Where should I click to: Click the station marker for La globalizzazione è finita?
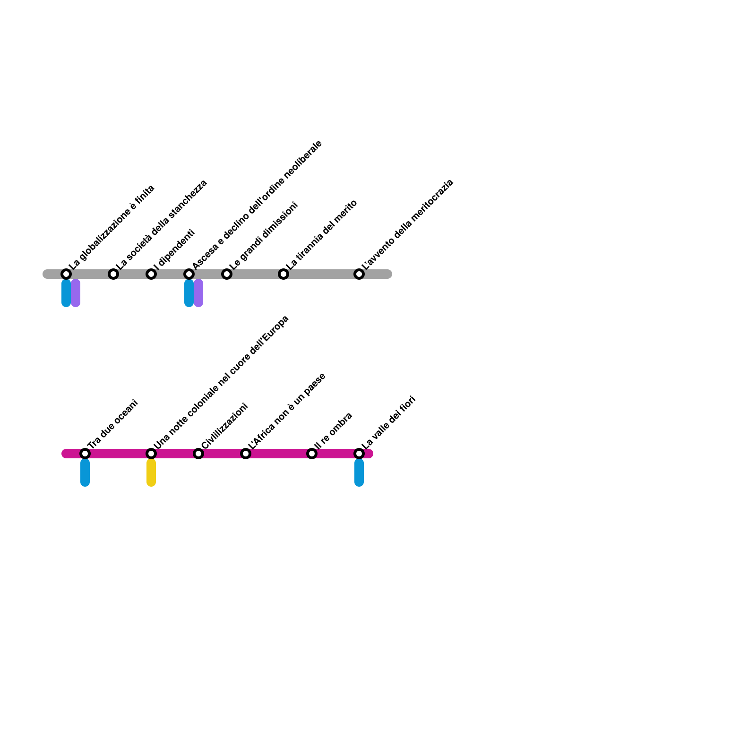click(66, 274)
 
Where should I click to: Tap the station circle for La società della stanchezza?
click(113, 274)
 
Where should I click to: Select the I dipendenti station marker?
click(151, 274)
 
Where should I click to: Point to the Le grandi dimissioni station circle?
click(227, 274)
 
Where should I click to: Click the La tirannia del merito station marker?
click(283, 274)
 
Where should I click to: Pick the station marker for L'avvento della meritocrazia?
click(359, 274)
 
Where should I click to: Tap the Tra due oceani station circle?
click(85, 454)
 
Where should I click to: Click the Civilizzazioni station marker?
click(198, 454)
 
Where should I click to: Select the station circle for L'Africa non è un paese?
click(246, 454)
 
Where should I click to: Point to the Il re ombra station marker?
click(312, 454)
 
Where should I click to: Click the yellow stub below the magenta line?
click(151, 472)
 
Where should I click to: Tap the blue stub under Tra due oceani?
click(85, 472)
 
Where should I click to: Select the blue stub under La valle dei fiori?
click(359, 472)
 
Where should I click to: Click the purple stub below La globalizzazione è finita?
click(76, 293)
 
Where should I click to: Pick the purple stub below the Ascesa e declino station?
click(198, 293)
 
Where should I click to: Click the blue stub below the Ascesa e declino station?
click(189, 293)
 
